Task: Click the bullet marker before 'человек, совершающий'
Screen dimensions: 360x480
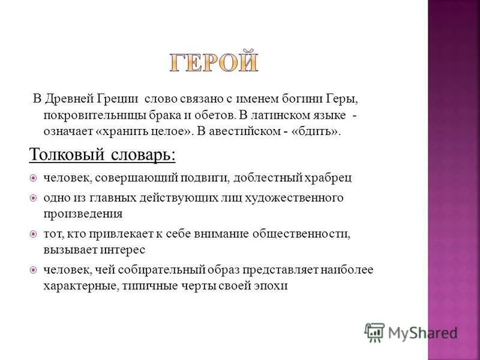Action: point(34,178)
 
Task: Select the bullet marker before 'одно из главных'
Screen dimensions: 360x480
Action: point(34,197)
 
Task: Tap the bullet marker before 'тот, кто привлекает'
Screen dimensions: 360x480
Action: point(34,233)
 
